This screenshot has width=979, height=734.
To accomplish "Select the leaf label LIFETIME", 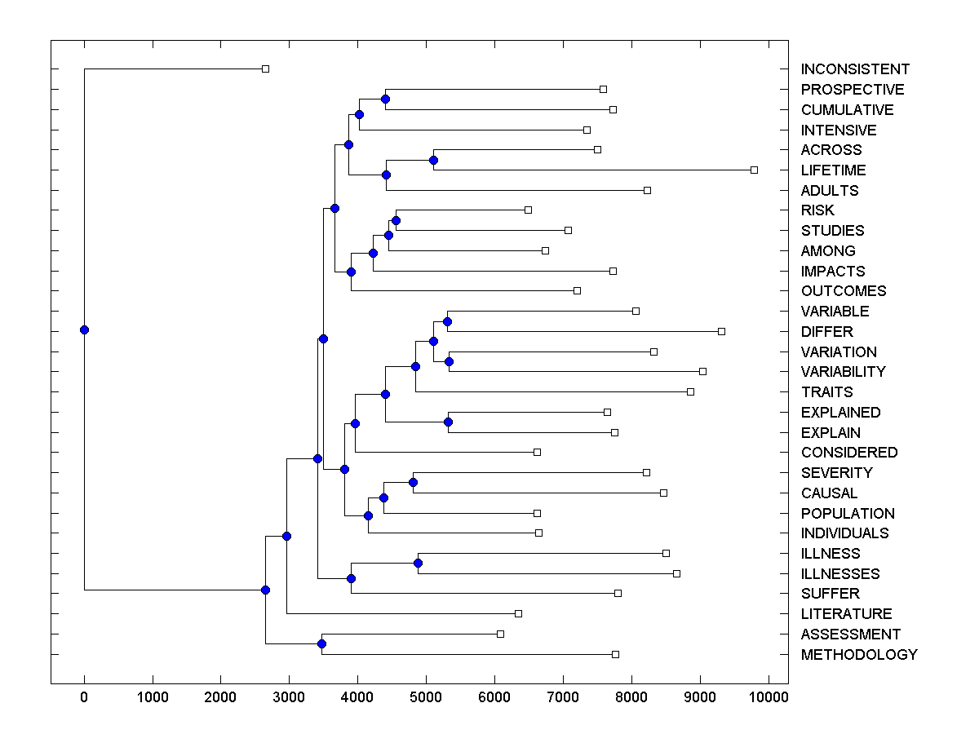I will tap(833, 170).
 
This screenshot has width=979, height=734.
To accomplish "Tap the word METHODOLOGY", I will tap(859, 655).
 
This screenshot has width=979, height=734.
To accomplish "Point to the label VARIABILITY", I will tap(843, 372).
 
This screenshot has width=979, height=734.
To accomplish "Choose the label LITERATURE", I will tap(846, 614).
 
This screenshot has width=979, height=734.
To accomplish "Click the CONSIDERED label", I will tap(848, 453).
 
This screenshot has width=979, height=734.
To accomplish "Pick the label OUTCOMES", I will tap(843, 291).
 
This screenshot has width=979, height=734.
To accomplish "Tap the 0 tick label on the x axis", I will tap(84, 696).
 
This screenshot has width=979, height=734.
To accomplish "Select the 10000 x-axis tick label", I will tap(767, 696).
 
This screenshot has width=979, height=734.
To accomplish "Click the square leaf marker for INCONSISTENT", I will tap(265, 69).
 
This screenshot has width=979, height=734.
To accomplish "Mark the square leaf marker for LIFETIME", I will tap(754, 170).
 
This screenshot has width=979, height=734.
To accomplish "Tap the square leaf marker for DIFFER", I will tap(721, 331).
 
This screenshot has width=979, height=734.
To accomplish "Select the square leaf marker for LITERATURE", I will tap(518, 613).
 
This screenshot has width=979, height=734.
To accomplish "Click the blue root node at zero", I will tap(84, 329).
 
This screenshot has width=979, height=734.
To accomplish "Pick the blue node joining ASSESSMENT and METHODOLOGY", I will tap(321, 644).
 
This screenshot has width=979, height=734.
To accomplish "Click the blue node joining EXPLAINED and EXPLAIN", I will tap(448, 422).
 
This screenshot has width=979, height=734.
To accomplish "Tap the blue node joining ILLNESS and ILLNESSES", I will tap(418, 563).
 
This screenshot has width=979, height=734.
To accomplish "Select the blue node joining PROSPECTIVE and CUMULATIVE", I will tap(385, 99).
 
